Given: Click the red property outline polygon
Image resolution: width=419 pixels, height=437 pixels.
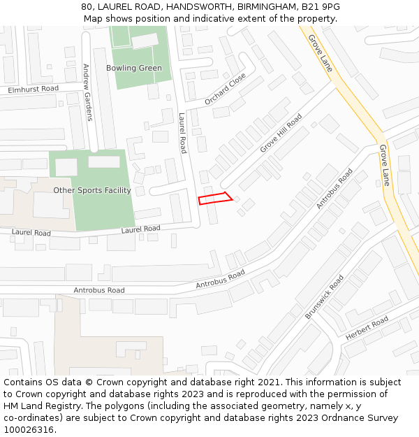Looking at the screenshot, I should coord(215,198).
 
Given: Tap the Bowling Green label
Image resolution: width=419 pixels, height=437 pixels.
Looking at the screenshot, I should coord(134,69).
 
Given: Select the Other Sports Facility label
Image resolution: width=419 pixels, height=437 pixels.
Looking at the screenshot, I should coord(92,190).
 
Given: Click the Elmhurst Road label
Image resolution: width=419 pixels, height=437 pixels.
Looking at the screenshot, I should coord(33,89).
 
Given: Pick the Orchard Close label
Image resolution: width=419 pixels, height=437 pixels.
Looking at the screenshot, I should coord(225,89).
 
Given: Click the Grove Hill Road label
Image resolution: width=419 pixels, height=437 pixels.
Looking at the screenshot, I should coord(281,134).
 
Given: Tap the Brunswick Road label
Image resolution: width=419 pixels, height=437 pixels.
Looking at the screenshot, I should coord(324,297).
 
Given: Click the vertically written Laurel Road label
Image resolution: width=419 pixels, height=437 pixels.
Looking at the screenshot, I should coord(183,134).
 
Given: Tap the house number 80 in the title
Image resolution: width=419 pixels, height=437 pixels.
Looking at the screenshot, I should coord(87,7).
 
